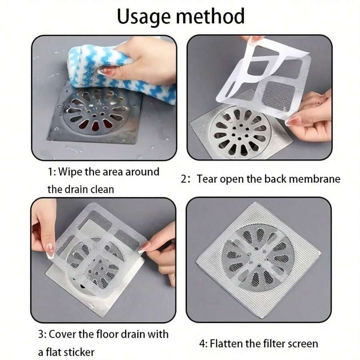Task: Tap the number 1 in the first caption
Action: (x=50, y=172)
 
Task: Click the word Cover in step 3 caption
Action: (x=63, y=334)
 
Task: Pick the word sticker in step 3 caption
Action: (x=80, y=352)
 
